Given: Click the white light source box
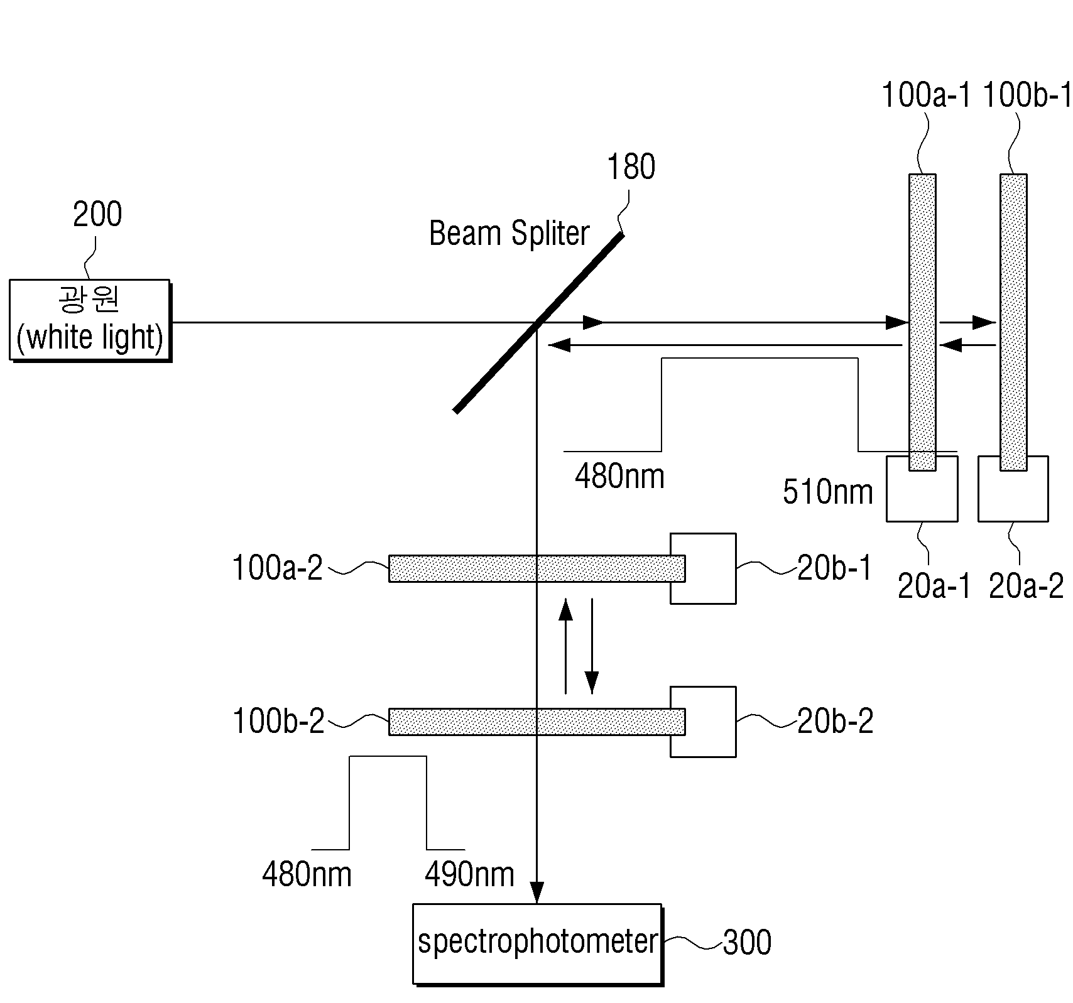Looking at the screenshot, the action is pos(90,320).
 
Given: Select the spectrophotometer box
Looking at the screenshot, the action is pos(538,943).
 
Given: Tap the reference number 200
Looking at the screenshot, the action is pos(97,215).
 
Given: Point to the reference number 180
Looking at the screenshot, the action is pos(631,167).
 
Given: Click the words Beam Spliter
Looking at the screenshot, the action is pos(509,234).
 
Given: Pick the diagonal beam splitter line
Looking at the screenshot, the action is pos(538,323).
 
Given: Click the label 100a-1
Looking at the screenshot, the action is pos(926,96).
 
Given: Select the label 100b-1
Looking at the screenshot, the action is pos(1026,96).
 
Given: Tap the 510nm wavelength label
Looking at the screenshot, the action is pos(827,492).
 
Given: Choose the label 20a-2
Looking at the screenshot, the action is pos(1026,587).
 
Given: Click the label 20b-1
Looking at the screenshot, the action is pos(835,568).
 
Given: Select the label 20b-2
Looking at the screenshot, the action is pos(836,721).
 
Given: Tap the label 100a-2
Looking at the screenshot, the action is pos(278,568).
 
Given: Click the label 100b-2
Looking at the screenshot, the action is pos(278,721).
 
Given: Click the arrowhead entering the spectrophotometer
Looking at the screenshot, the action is pos(536,893).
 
